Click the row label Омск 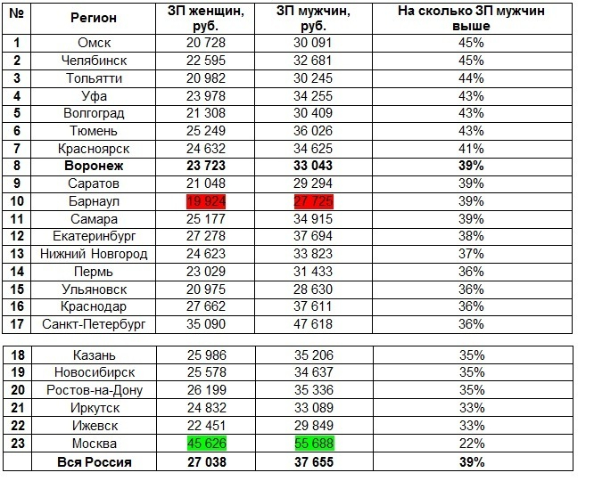95,43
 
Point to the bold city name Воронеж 95,167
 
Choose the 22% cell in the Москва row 471,444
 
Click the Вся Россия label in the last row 95,461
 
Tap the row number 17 17,325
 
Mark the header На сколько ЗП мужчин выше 471,18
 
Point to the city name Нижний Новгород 95,255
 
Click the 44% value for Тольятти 471,78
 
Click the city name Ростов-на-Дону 95,390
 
